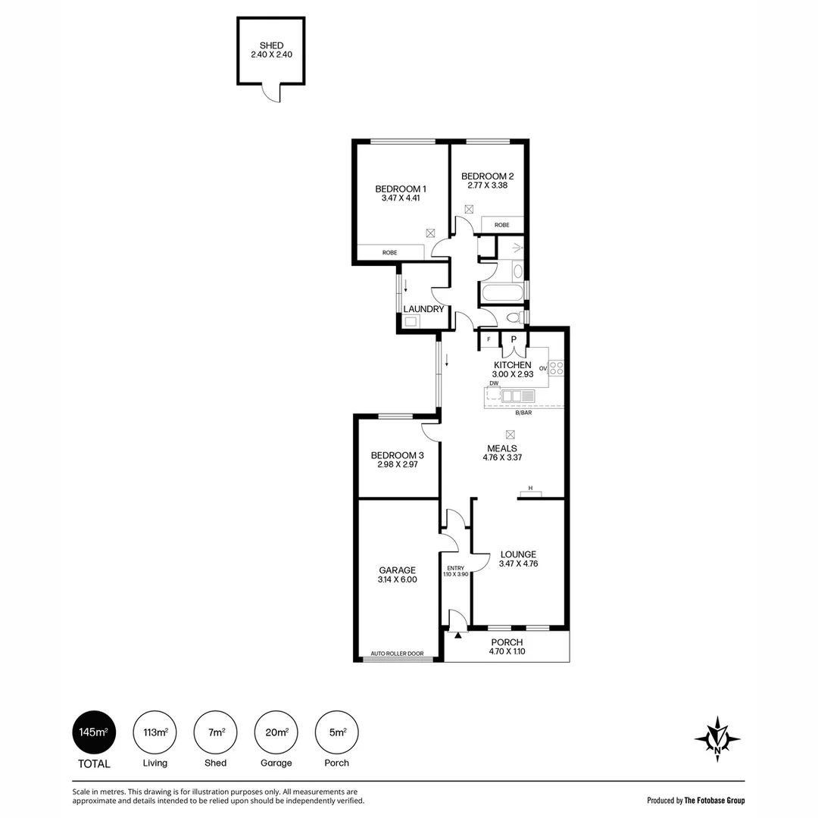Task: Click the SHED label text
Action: click(271, 45)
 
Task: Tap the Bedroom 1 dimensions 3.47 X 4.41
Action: click(401, 198)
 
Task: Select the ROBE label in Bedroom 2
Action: click(502, 225)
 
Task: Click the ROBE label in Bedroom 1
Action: click(390, 252)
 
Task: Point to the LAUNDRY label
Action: click(423, 309)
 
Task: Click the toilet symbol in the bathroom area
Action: click(515, 317)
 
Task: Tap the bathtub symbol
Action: click(502, 292)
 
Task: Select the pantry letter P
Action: click(514, 339)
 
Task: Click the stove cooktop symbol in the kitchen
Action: click(556, 368)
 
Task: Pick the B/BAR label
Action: click(523, 413)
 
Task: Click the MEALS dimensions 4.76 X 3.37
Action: click(502, 457)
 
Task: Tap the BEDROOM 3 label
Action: click(398, 455)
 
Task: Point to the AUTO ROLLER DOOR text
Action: click(397, 654)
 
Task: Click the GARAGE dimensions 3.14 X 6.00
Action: click(398, 579)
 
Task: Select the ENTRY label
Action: click(455, 568)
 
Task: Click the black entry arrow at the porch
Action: click(458, 635)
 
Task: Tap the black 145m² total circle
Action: click(94, 732)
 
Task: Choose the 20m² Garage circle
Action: click(276, 732)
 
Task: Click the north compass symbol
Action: click(717, 739)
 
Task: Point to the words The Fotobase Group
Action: click(715, 801)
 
